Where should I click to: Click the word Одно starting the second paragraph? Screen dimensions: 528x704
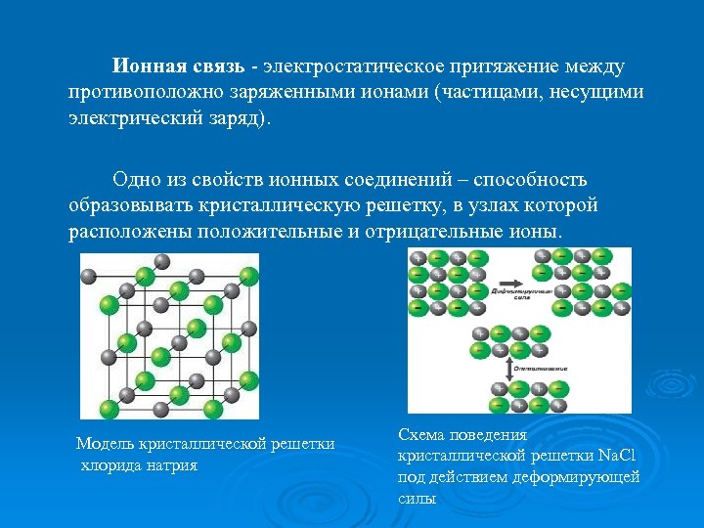pyautogui.click(x=134, y=179)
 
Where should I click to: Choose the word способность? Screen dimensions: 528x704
pyautogui.click(x=535, y=179)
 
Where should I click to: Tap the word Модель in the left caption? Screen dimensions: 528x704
pyautogui.click(x=106, y=444)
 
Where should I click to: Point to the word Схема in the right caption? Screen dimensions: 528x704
pyautogui.click(x=423, y=434)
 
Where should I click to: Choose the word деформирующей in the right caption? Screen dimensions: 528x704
pyautogui.click(x=581, y=477)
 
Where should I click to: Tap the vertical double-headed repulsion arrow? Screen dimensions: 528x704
pyautogui.click(x=507, y=369)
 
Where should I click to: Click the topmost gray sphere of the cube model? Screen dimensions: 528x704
pyautogui.click(x=162, y=261)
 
